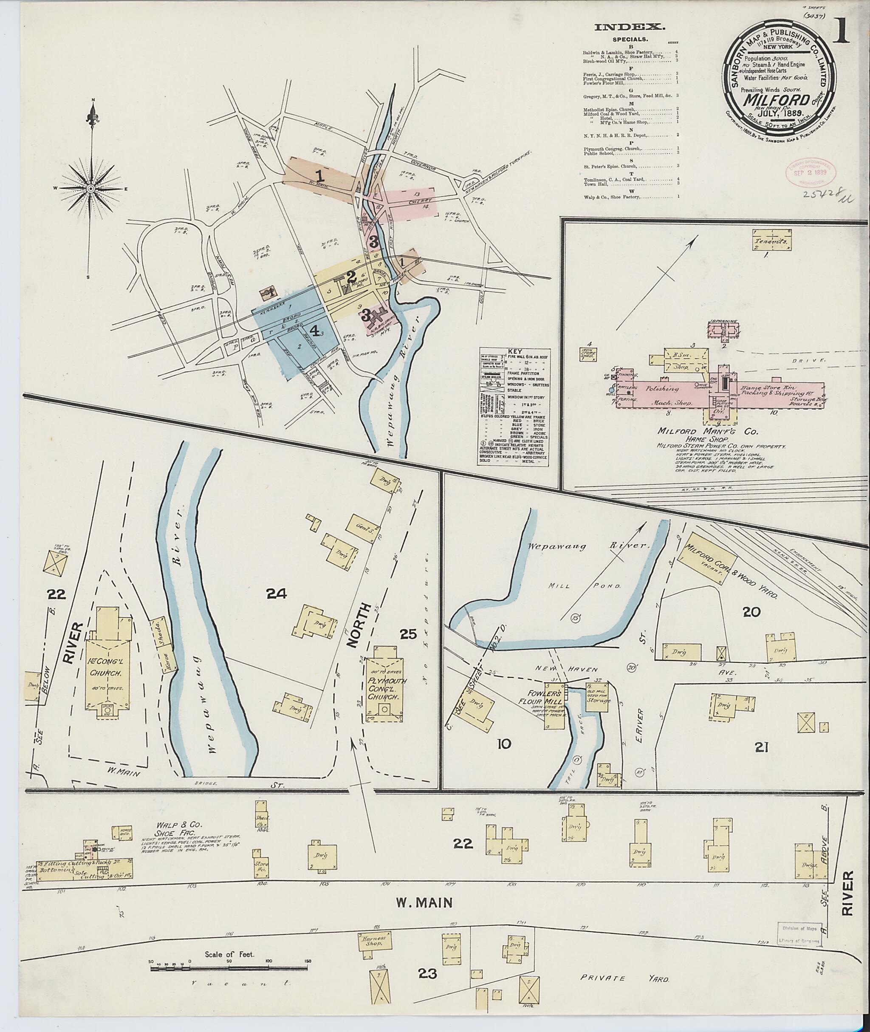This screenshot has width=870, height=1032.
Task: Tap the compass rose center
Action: coord(92,189)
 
